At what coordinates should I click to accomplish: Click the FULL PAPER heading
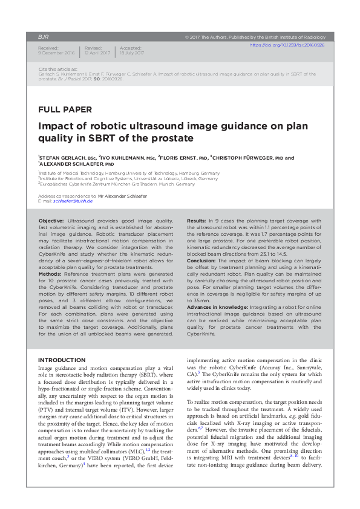pyautogui.click(x=65, y=110)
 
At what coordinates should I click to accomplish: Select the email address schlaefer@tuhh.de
pyautogui.click(x=70, y=201)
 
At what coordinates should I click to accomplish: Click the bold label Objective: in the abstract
pyautogui.click(x=51, y=222)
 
